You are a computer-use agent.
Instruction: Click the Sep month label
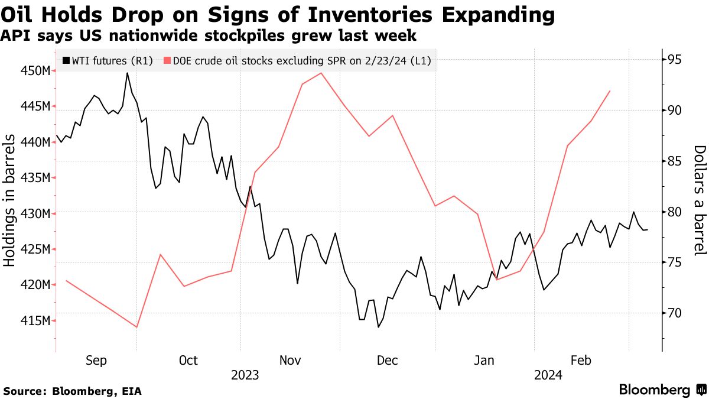pos(96,361)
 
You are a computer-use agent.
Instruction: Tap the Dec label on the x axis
pos(387,361)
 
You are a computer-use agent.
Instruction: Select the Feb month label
pos(581,361)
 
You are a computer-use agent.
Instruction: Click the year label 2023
pos(245,375)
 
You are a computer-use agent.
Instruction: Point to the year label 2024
pos(548,375)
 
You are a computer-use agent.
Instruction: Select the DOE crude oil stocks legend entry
pos(301,60)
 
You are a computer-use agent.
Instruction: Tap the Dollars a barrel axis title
pos(700,201)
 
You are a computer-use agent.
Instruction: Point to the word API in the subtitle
pos(13,36)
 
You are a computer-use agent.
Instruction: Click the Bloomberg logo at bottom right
pos(662,390)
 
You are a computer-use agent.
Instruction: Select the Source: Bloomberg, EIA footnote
pos(73,391)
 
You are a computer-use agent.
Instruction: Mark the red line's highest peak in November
pos(320,73)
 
